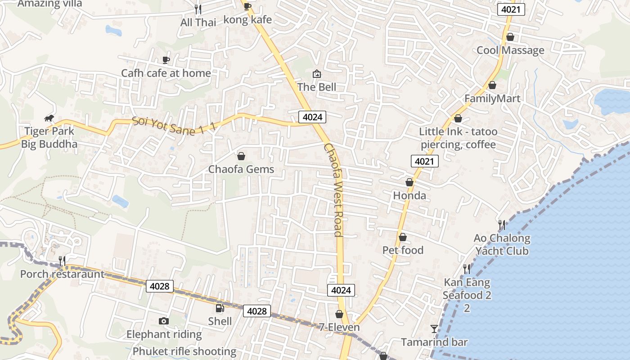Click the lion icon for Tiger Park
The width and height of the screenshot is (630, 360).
[49, 119]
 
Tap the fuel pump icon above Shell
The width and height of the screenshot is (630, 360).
[220, 308]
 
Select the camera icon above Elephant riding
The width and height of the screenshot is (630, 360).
[164, 321]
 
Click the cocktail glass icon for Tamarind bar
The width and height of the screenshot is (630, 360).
[434, 329]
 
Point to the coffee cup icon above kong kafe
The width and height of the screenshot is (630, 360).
[247, 6]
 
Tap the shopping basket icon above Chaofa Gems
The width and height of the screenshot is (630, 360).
[241, 156]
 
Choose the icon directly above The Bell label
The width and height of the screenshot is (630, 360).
[317, 74]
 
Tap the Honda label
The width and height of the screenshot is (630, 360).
[409, 196]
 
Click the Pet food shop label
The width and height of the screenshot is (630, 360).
[403, 250]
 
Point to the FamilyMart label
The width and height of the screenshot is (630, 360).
[492, 99]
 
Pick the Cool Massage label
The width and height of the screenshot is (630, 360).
[510, 50]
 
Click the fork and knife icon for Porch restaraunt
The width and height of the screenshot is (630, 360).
[62, 261]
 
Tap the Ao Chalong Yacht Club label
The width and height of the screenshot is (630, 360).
[502, 244]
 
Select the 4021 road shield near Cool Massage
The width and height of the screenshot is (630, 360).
[511, 9]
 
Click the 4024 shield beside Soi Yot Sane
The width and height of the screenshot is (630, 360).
[312, 117]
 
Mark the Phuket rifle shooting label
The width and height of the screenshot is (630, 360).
[184, 351]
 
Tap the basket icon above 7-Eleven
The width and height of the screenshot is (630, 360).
[339, 314]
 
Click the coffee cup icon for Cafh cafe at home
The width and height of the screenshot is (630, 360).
[166, 60]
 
